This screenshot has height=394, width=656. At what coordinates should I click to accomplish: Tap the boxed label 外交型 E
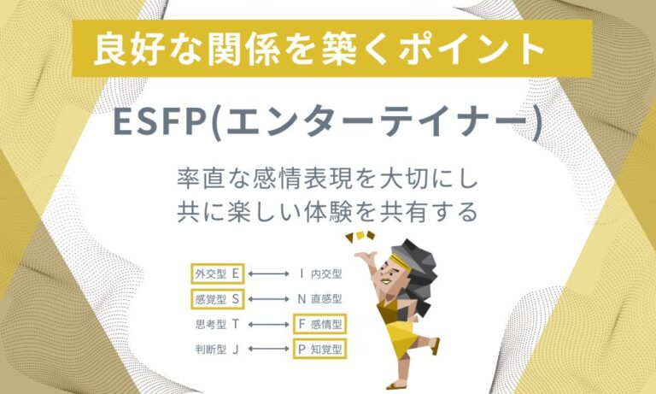click(x=218, y=274)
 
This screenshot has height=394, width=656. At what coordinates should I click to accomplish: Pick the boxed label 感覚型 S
click(x=218, y=299)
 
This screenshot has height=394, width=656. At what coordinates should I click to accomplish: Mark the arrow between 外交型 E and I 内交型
click(x=270, y=274)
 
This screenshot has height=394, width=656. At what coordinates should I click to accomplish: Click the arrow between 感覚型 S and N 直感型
click(x=270, y=299)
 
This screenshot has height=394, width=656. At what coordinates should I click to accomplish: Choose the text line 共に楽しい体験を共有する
click(x=328, y=210)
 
